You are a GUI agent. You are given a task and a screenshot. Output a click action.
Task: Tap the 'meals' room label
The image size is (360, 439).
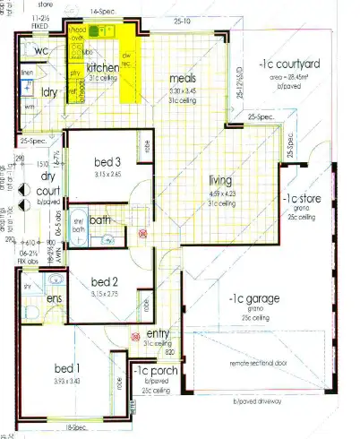tap(183, 79)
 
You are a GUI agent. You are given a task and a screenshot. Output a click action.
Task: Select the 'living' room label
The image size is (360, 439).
tap(220, 179)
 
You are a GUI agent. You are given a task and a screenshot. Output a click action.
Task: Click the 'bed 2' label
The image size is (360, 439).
tap(106, 283)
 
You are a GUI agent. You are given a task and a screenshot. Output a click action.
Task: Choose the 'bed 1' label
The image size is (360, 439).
tap(67, 369)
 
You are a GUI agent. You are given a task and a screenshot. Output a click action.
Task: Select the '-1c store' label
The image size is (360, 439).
tap(298, 198)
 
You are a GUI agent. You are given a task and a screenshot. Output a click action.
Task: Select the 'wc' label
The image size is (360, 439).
tap(27, 50)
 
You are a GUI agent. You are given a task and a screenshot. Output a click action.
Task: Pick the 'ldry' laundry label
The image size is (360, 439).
tap(49, 92)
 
